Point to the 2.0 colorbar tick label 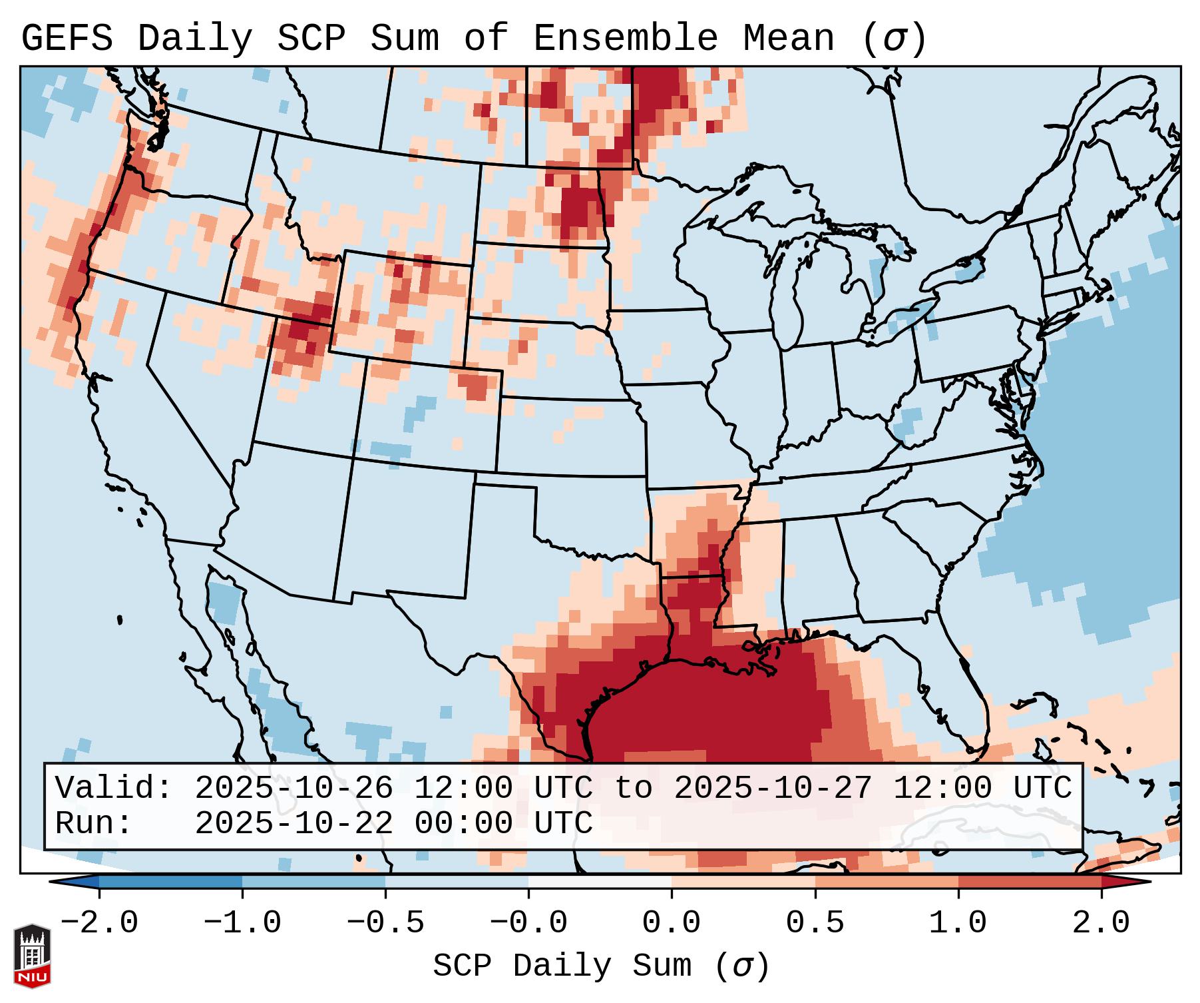coord(1101,922)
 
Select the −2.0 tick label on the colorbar coord(99,922)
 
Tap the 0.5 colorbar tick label coord(815,922)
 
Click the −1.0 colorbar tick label coord(242,922)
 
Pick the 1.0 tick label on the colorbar coord(958,922)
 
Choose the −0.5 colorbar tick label coord(385,922)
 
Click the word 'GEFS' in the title coord(67,39)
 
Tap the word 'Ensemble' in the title coord(626,39)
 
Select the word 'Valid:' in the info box coord(114,788)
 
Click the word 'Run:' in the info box coord(94,823)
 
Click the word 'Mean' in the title coord(788,39)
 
